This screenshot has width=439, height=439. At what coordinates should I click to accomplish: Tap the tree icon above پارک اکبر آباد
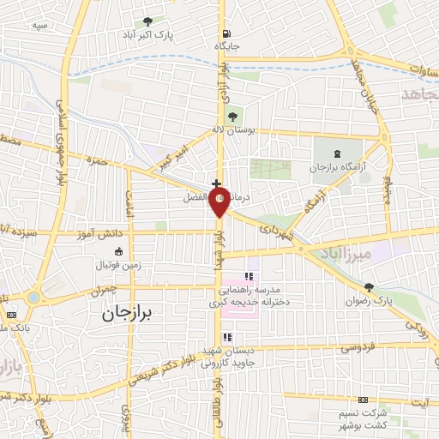[148, 21]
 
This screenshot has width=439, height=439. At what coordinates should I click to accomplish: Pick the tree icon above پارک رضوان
[369, 287]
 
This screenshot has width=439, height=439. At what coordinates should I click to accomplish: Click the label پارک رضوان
[370, 302]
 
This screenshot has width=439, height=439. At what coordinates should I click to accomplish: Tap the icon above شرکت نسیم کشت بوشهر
[361, 400]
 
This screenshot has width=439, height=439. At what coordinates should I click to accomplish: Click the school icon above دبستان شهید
[227, 336]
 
